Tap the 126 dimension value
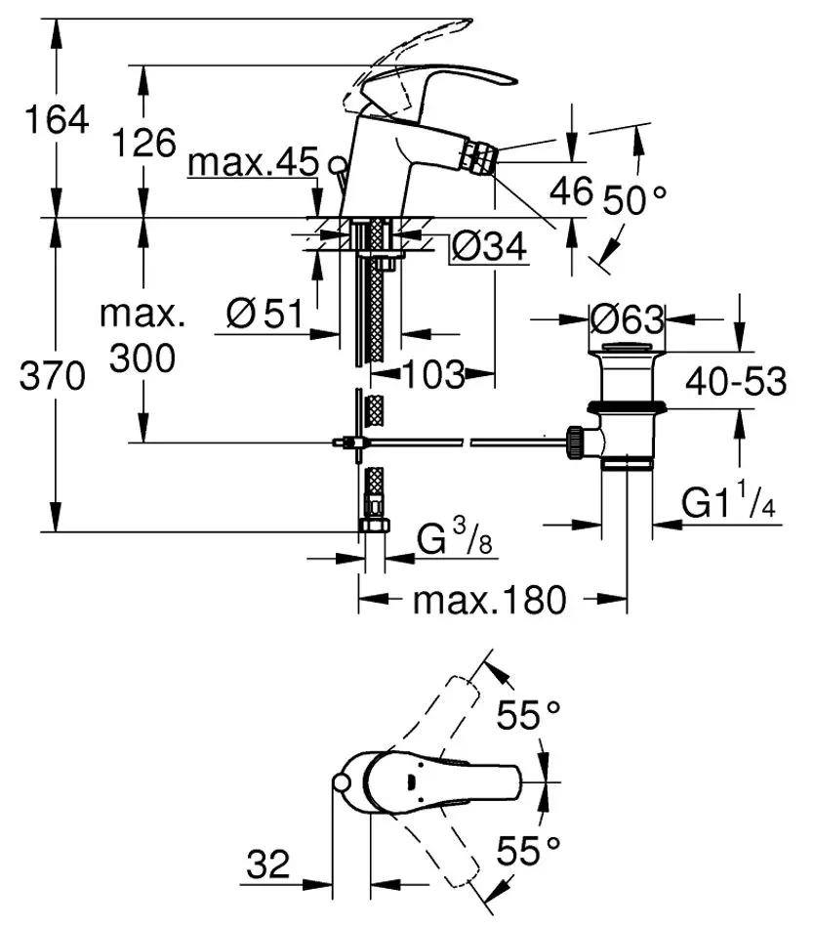pos(142,143)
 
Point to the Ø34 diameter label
pos(489,248)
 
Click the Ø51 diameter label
pos(264,314)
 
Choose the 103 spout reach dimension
pos(433,373)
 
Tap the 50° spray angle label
pos(633,200)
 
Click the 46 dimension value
pos(570,190)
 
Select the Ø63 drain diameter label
pos(628,319)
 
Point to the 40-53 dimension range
pos(735,382)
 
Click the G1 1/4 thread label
pos(727,503)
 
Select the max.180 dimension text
pos(489,600)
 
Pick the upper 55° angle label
pos(529,716)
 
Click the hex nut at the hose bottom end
pos(372,526)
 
